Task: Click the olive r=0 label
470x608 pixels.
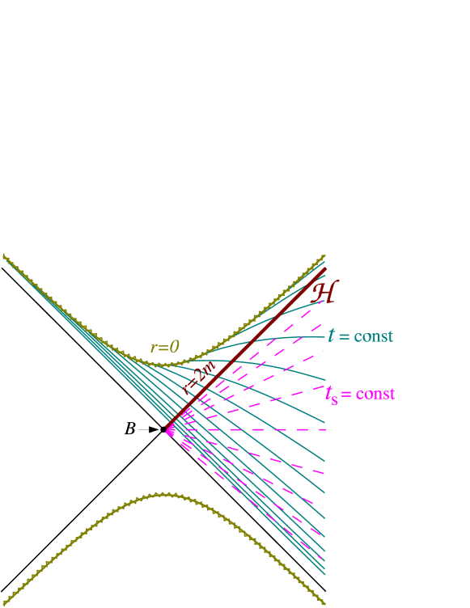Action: pos(165,348)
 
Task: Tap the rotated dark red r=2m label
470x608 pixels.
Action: pos(199,378)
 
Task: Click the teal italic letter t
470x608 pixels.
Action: pos(331,336)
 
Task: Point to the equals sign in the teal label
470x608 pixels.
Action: pos(344,336)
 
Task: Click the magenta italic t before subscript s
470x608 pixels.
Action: pos(328,394)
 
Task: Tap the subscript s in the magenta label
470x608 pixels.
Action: pos(335,400)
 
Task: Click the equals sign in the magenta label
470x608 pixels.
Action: pos(346,395)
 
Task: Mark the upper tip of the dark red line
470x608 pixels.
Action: pos(325,269)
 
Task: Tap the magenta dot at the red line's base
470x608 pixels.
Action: pos(170,431)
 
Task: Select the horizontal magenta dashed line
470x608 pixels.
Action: pos(267,429)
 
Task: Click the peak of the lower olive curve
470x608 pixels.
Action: pos(165,493)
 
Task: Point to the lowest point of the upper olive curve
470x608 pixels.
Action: pos(166,365)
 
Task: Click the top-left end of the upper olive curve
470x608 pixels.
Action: pos(3,255)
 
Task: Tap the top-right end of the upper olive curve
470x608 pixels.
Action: pos(324,255)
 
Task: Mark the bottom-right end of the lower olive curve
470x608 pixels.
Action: pos(324,603)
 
